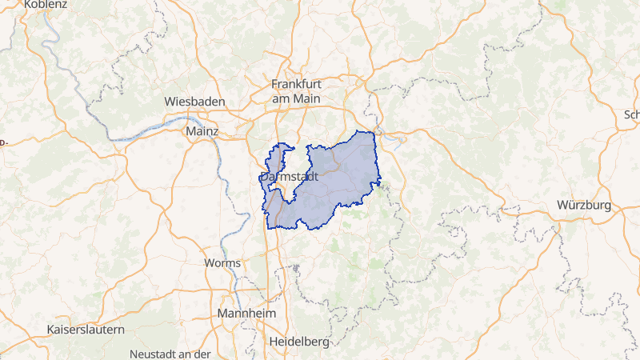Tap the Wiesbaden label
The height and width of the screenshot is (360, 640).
tap(194, 102)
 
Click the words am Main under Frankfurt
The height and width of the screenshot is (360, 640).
tap(296, 98)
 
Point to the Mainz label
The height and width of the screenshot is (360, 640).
tap(202, 130)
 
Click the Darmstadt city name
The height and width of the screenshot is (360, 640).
tap(289, 177)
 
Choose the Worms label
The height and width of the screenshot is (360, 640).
tap(222, 263)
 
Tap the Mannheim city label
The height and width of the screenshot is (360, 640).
tap(246, 313)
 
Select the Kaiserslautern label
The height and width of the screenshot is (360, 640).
tap(86, 330)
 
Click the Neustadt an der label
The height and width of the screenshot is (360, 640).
tap(169, 354)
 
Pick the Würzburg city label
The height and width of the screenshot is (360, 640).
tap(584, 206)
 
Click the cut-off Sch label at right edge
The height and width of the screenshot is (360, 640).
tap(632, 114)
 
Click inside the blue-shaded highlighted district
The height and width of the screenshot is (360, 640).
tap(336, 180)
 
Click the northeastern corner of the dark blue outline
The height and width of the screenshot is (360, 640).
tap(373, 132)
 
